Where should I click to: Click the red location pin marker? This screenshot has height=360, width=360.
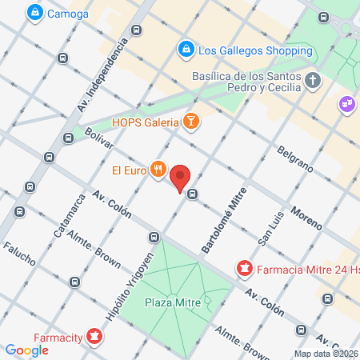(182, 178)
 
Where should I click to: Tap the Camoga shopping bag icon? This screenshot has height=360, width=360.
(34, 12)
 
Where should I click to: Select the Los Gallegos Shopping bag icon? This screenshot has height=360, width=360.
(186, 50)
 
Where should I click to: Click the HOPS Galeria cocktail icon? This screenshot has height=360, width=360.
(190, 122)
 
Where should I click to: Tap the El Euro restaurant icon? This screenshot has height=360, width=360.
(158, 170)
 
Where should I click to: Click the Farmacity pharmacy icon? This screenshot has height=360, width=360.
(94, 335)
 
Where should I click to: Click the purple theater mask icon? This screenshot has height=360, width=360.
(346, 103)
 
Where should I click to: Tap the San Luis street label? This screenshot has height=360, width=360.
(267, 229)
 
